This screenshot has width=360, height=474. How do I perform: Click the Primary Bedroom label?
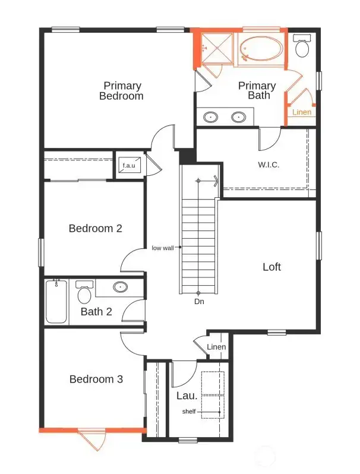[x=121, y=90]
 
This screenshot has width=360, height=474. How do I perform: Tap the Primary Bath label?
[x=257, y=90]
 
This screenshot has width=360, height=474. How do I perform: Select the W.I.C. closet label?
[x=269, y=165]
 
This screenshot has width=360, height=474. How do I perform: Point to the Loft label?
[x=271, y=267]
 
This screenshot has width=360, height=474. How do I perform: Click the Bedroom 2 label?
[x=95, y=228]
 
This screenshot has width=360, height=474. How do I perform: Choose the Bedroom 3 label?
[x=96, y=379]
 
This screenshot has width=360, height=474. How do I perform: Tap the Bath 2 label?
[x=96, y=311]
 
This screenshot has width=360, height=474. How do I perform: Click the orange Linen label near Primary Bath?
[x=301, y=112]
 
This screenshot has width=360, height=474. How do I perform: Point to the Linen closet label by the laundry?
[x=216, y=347]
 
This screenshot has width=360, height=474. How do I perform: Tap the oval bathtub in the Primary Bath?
[x=261, y=49]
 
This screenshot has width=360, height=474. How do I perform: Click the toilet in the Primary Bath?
[x=302, y=46]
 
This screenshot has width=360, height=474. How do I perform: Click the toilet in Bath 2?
[x=84, y=293]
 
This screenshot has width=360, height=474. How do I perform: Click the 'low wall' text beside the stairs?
[x=162, y=248]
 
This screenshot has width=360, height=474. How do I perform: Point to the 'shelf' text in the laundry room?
[x=189, y=412]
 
